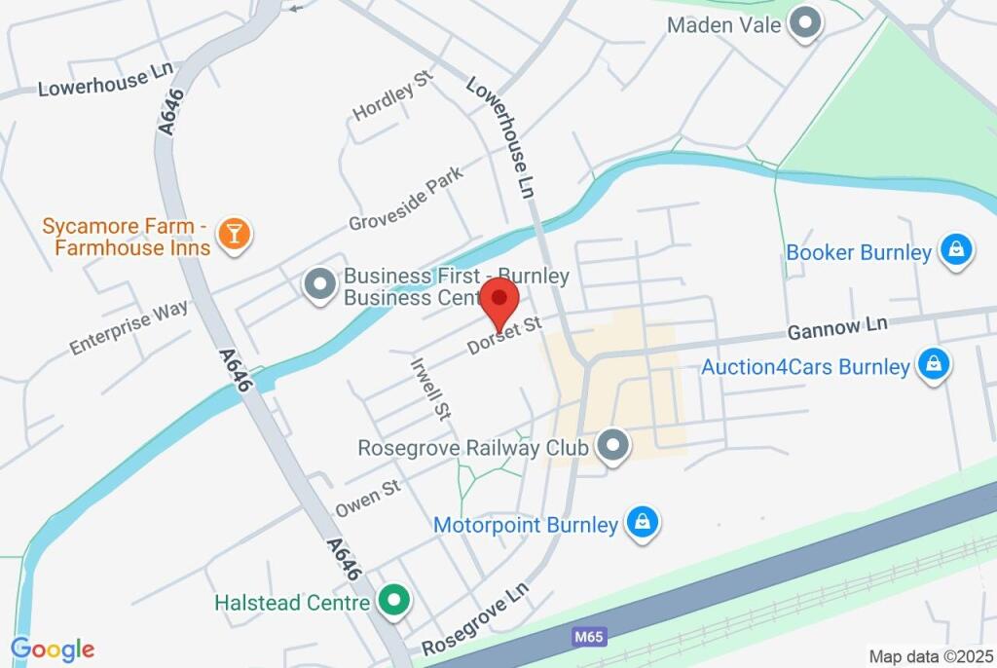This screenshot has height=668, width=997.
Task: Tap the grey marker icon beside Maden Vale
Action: pos(804,24)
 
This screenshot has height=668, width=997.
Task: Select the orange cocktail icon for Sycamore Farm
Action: pos(234,234)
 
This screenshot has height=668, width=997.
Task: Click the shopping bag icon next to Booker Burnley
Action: pos(955,252)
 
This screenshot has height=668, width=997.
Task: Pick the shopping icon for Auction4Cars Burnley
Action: pos(933,367)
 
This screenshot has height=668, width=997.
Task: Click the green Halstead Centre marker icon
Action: pos(393,602)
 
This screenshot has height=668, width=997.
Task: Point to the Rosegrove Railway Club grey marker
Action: pos(612,447)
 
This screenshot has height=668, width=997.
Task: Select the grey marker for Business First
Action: pos(318,286)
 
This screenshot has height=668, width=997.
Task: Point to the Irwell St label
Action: pos(430,388)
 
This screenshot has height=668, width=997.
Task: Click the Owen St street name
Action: pos(368,497)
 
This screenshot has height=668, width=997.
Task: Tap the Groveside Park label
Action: pos(406,199)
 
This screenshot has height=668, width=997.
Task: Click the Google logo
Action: pos(53,649)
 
